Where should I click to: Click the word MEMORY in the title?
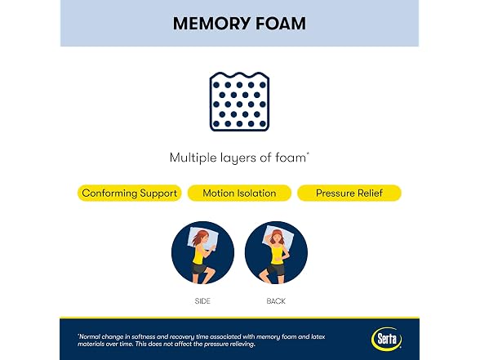(x=211, y=24)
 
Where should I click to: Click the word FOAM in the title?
(x=281, y=24)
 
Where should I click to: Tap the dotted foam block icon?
(x=239, y=101)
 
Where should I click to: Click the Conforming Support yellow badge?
(x=130, y=193)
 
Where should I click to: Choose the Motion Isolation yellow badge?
(x=239, y=193)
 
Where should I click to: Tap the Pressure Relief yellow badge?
(x=349, y=193)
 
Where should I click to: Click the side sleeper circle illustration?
(x=202, y=252)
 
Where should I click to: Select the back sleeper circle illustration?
(x=276, y=252)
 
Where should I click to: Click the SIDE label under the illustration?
(x=202, y=301)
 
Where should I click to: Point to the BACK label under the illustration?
(x=276, y=301)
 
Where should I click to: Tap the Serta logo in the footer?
(x=387, y=339)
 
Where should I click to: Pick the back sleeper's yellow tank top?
(x=278, y=255)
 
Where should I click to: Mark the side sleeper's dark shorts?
(x=199, y=269)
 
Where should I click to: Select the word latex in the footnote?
(x=318, y=336)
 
